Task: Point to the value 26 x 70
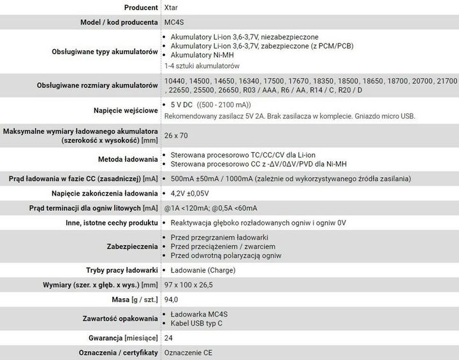click(x=176, y=136)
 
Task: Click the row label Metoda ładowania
click(x=127, y=159)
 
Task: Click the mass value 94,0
click(x=171, y=299)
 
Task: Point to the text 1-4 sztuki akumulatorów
click(x=201, y=66)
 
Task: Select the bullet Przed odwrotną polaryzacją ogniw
click(x=226, y=255)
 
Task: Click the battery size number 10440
click(x=175, y=82)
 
